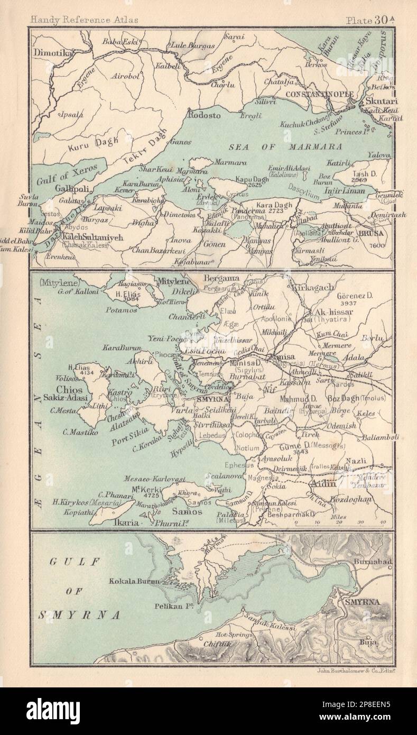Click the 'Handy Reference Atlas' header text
click(84, 20)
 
